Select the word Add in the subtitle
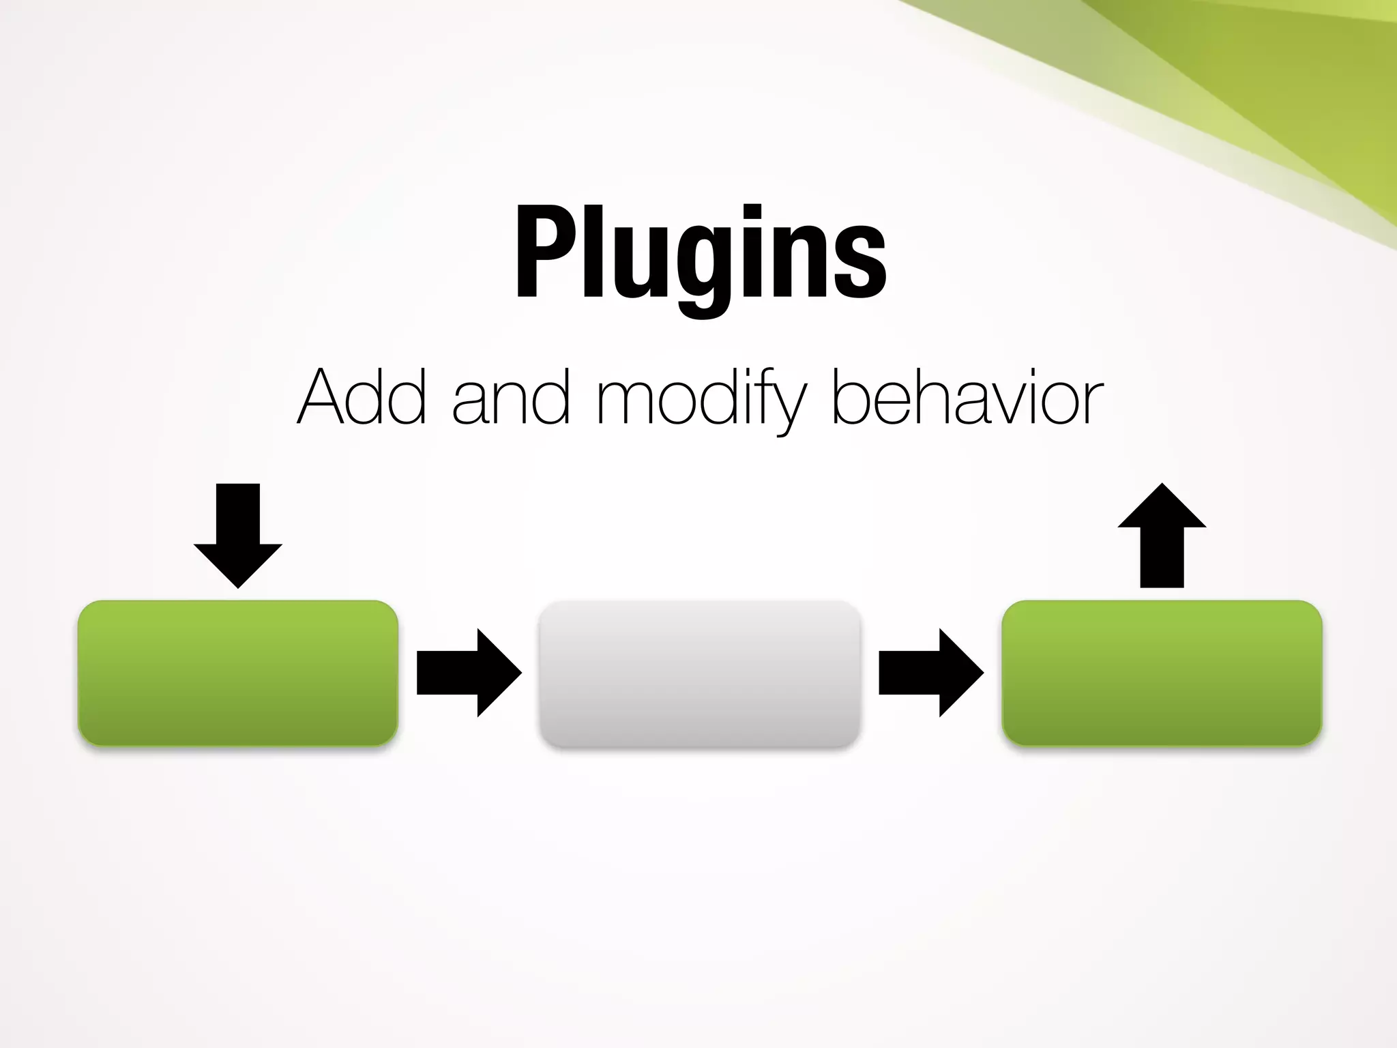pos(362,397)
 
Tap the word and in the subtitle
pos(510,397)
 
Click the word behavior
pos(967,397)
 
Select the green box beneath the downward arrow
pos(238,673)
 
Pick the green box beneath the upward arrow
pos(1162,673)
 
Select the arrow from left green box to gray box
pos(468,673)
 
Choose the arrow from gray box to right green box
pos(930,673)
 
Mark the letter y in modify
pos(789,406)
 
